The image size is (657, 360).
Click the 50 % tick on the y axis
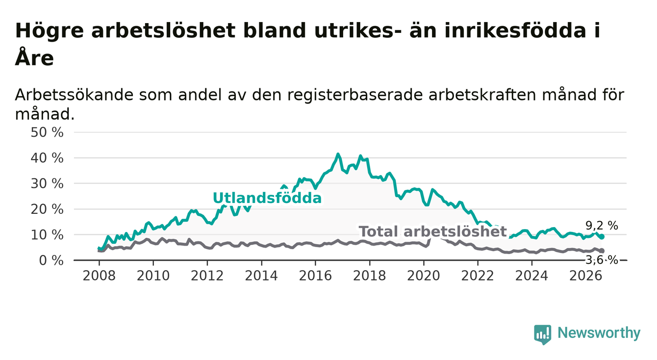[47, 132]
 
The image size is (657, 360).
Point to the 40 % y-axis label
[47, 158]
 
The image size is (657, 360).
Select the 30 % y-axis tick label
[47, 184]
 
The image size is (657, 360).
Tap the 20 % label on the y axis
[47, 209]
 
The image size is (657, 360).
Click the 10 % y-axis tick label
[47, 235]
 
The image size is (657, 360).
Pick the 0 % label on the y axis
[51, 260]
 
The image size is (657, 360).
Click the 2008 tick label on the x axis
[99, 276]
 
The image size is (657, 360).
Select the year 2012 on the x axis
[207, 276]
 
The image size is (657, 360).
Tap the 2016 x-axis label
[315, 276]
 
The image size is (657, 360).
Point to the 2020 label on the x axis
[424, 276]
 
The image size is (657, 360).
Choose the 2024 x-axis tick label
[532, 276]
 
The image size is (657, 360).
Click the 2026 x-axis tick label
[586, 276]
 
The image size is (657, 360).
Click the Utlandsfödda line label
[267, 198]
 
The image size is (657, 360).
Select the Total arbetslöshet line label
[433, 231]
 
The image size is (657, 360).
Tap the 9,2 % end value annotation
[602, 226]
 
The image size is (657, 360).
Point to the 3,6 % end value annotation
[602, 260]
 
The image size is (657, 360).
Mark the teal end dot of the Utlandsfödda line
[602, 236]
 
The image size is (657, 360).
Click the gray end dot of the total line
[602, 251]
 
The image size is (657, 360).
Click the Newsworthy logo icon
[543, 334]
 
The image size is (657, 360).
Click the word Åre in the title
[34, 57]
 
